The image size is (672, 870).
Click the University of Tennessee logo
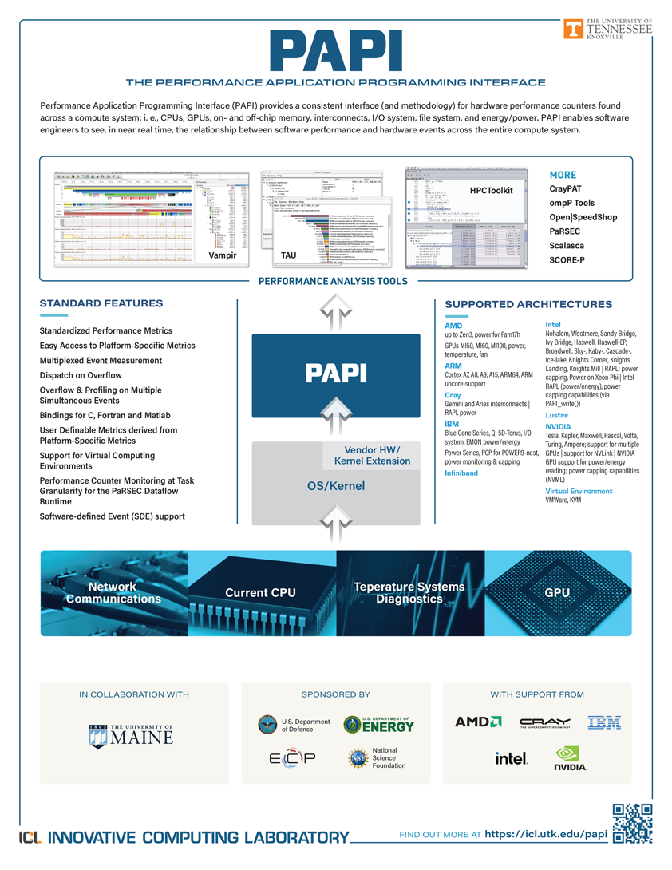[x=607, y=28]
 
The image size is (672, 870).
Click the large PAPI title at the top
[x=336, y=53]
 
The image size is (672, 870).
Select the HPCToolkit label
[x=491, y=191]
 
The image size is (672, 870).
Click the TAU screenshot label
[x=289, y=255]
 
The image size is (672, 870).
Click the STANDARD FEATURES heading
[x=101, y=303]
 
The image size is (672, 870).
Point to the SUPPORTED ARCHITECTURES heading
[x=528, y=304]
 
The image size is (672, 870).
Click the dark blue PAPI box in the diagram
[x=336, y=374]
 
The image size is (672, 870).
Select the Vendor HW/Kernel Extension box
[x=371, y=455]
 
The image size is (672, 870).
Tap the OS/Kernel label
[x=336, y=485]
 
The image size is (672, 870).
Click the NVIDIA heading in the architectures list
[x=558, y=427]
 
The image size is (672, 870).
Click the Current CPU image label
[x=260, y=593]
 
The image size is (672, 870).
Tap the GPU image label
[x=556, y=593]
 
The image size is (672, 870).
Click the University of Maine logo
[x=131, y=734]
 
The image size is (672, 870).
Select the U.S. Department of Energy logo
[x=379, y=725]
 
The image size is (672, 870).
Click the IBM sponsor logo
[x=603, y=723]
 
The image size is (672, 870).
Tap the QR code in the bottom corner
[x=632, y=825]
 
